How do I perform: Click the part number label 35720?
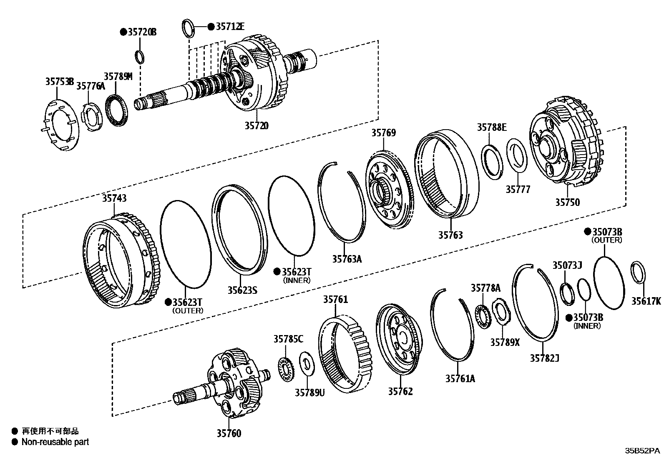click(x=257, y=125)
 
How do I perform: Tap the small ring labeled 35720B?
click(x=140, y=55)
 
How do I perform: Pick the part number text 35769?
click(x=384, y=133)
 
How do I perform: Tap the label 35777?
click(x=518, y=190)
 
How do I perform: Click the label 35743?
click(x=114, y=198)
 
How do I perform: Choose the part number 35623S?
click(x=242, y=290)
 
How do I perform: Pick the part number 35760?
click(x=229, y=433)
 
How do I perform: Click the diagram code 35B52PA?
click(x=642, y=451)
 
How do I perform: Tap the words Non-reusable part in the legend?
click(x=55, y=442)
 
